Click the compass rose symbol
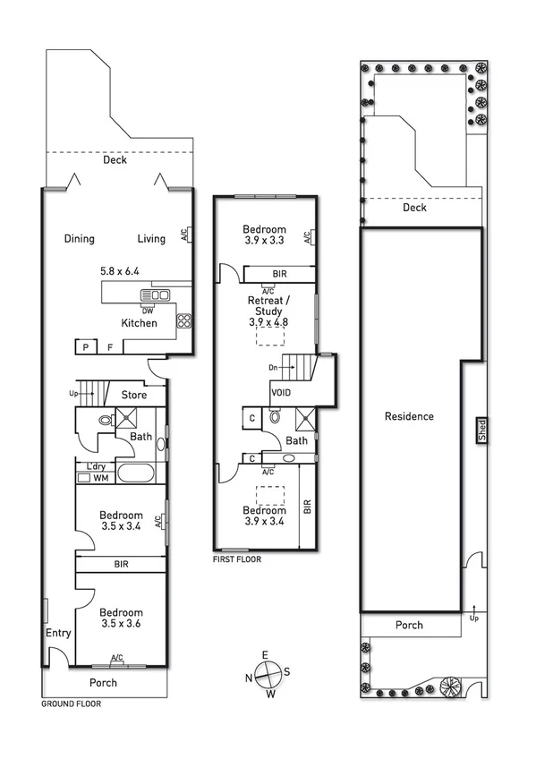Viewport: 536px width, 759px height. point(268,673)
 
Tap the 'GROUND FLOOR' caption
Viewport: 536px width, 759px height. point(72,704)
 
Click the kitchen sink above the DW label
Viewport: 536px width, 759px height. point(155,295)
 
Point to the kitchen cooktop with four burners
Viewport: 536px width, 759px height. point(185,321)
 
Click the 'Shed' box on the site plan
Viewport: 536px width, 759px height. point(481,431)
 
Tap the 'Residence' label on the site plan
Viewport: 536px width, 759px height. point(409,416)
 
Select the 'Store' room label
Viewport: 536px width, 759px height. point(135,394)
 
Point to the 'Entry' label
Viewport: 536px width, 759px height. point(58,633)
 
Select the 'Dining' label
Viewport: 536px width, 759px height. point(80,239)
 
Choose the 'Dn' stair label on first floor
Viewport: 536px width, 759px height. point(273,367)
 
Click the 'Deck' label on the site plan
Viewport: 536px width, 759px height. point(414,208)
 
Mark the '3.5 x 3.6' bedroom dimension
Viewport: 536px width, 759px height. point(121,623)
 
